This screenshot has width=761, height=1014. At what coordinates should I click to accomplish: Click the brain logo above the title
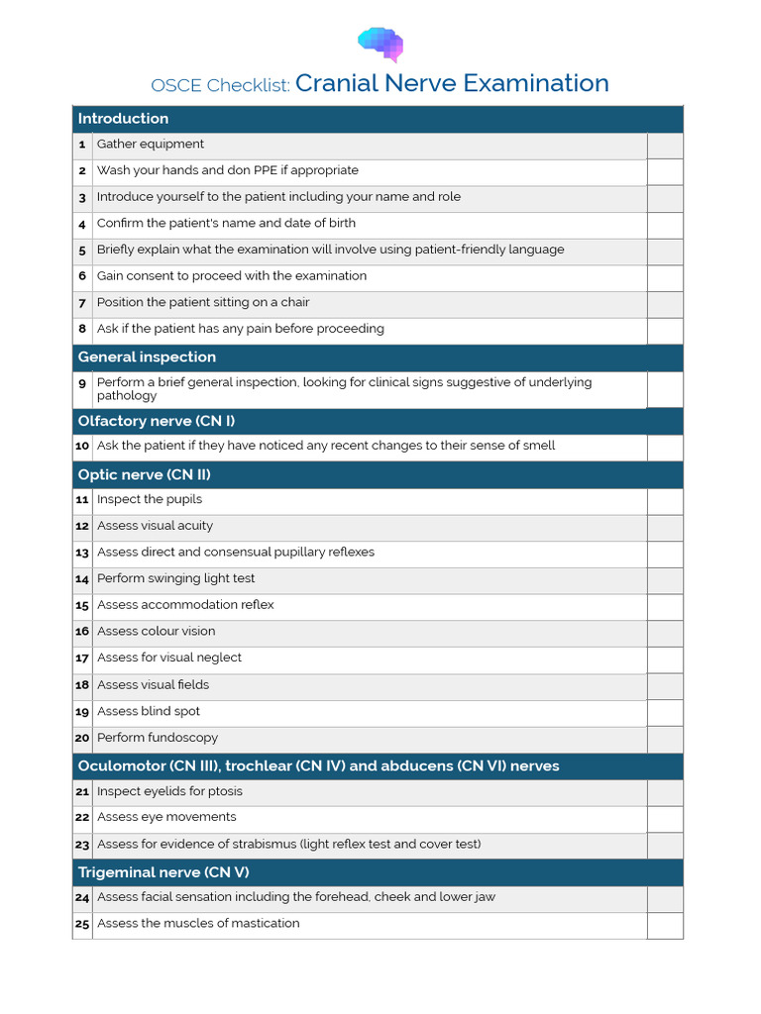click(x=380, y=44)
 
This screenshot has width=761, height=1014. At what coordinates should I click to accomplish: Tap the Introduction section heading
click(x=124, y=119)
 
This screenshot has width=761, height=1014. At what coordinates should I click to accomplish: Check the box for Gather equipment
click(x=665, y=146)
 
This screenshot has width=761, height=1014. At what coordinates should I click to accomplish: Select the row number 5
click(x=83, y=251)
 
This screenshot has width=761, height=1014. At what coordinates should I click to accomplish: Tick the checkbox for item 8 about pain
click(x=665, y=331)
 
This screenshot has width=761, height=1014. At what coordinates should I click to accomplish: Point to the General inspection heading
click(x=147, y=357)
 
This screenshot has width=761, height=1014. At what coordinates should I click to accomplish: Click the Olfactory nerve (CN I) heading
click(x=157, y=422)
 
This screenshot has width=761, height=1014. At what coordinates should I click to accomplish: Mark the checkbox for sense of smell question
click(x=665, y=448)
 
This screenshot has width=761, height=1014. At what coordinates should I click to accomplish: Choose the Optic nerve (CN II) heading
click(x=145, y=475)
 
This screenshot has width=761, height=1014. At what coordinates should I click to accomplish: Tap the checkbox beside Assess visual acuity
click(x=665, y=528)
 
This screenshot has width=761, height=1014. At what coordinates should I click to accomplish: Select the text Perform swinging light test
click(x=176, y=578)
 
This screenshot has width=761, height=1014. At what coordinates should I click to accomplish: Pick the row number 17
click(x=82, y=659)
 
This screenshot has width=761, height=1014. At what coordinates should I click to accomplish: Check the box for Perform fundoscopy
click(x=665, y=740)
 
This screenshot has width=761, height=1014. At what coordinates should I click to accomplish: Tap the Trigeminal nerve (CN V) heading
click(x=163, y=872)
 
